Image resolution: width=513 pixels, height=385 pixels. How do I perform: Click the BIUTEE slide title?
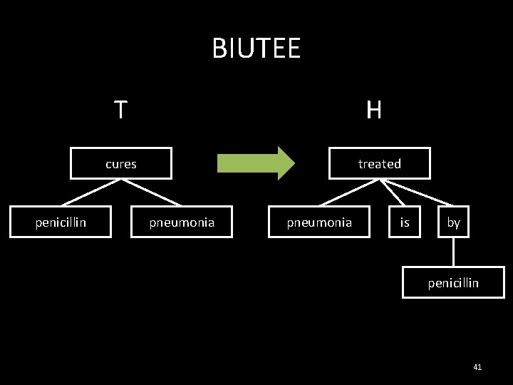(256, 49)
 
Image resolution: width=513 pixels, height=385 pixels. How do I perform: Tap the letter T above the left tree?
(121, 110)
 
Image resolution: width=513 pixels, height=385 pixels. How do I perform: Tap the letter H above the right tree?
(374, 110)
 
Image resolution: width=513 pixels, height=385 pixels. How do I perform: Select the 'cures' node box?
(121, 163)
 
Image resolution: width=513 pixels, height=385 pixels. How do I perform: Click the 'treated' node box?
(379, 163)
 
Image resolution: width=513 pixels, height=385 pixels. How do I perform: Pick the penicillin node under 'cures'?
(61, 222)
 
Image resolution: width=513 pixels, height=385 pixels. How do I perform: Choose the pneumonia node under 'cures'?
(182, 222)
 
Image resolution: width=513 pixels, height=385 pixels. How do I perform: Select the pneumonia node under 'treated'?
(319, 222)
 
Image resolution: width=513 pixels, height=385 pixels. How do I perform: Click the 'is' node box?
(405, 222)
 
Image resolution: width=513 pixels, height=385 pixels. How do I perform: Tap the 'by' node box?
(454, 222)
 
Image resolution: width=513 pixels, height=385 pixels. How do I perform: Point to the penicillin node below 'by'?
(453, 282)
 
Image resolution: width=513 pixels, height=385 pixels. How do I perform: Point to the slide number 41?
(477, 366)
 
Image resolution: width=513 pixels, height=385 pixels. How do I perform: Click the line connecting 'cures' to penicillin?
(91, 192)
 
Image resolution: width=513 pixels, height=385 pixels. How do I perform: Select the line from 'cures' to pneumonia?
(151, 192)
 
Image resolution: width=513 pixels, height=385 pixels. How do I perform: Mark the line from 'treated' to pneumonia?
(349, 192)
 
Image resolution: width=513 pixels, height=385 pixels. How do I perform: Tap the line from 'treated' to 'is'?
(392, 192)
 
